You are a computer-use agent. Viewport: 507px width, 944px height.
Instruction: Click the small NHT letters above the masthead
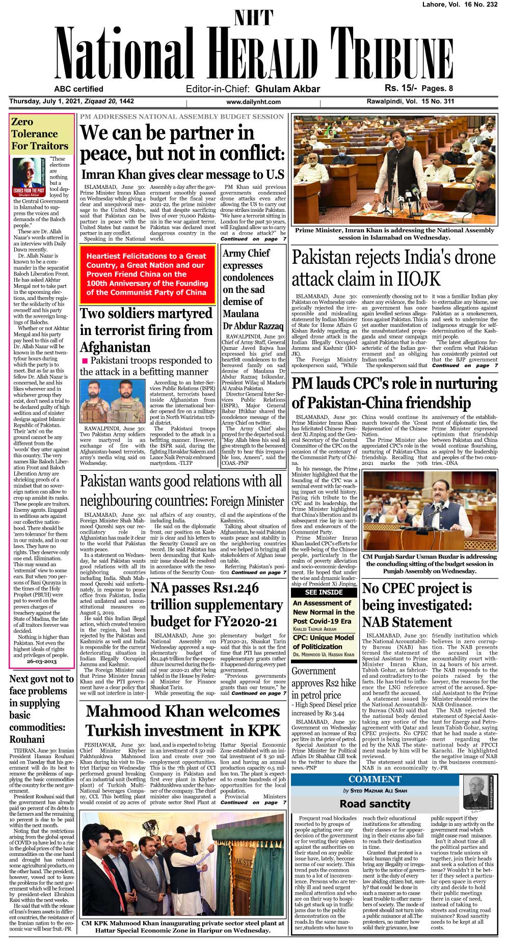point(253,18)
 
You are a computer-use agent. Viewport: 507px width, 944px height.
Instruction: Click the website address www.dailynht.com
point(253,102)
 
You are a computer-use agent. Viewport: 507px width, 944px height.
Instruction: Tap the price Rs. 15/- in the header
point(401,88)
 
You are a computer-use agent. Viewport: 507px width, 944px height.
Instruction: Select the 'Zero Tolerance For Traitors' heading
point(39,134)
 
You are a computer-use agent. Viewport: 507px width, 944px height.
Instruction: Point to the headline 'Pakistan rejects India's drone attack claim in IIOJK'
point(393,268)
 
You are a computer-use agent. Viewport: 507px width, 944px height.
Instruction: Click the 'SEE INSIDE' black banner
point(324,592)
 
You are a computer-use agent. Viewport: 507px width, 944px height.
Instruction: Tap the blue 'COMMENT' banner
point(375,779)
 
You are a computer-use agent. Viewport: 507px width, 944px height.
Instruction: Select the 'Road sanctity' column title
point(375,803)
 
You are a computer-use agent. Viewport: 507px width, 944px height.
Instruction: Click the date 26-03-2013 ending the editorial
point(41,661)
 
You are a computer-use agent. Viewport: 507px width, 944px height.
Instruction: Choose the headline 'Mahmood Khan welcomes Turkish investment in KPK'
point(182,720)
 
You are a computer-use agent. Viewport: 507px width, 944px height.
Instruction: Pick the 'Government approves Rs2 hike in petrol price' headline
point(324,683)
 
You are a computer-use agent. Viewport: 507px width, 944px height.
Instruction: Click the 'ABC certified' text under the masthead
point(78,89)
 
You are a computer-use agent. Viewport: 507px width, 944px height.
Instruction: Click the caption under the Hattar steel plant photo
point(182,926)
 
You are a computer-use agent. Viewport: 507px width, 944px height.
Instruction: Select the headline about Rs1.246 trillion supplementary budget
point(217,604)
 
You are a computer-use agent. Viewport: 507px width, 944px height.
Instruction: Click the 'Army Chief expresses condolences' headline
point(253,289)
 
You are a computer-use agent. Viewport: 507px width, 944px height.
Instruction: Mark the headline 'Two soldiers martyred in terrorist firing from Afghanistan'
point(146,330)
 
